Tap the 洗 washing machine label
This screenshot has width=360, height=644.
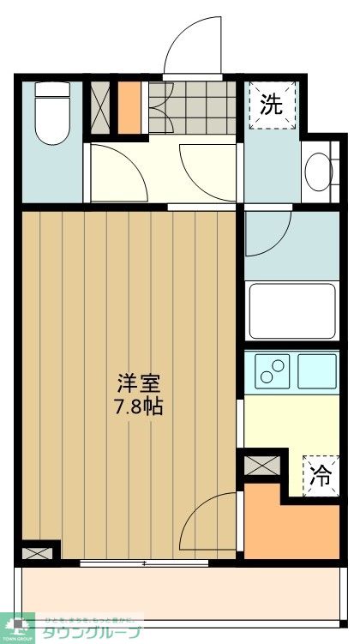click(271, 105)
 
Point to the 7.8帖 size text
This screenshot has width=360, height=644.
click(140, 406)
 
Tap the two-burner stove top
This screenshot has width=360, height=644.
click(273, 371)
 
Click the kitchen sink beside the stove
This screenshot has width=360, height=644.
click(316, 370)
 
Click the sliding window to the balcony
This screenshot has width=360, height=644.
click(146, 563)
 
